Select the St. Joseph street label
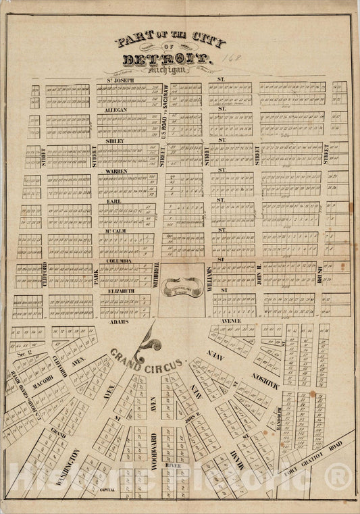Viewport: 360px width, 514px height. click(x=120, y=80)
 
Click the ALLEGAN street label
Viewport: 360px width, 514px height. click(x=115, y=109)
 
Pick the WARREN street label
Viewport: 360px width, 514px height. click(x=115, y=172)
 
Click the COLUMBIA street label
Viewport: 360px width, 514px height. click(x=115, y=261)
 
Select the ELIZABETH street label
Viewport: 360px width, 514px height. click(x=116, y=290)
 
